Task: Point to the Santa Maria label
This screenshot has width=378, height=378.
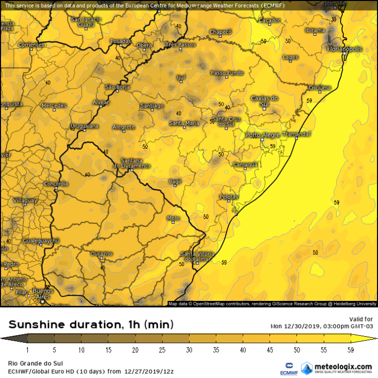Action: pyautogui.click(x=184, y=123)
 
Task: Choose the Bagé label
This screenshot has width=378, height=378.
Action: pyautogui.click(x=174, y=181)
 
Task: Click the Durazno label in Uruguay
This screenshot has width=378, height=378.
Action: pyautogui.click(x=102, y=254)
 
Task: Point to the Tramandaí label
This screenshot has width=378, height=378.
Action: pyautogui.click(x=297, y=134)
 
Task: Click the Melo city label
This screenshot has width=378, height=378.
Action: pyautogui.click(x=173, y=218)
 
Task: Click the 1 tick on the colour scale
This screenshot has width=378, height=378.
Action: pyautogui.click(x=28, y=350)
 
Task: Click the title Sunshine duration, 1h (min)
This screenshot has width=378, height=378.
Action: pyautogui.click(x=91, y=324)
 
